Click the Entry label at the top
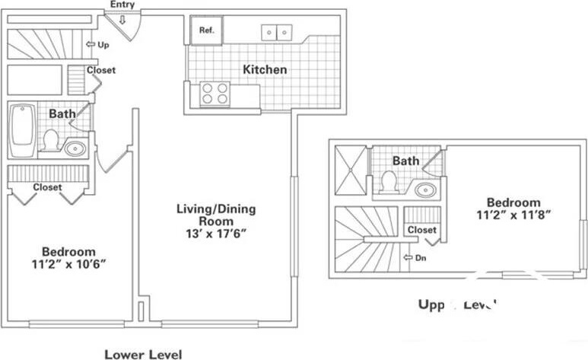pos(122,5)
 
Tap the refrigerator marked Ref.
pos(207,30)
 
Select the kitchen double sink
pos(277,32)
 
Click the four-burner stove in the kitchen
pos(215,94)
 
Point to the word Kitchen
pos(265,70)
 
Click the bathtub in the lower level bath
pos(21,129)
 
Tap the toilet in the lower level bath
pos(51,140)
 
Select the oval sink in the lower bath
pos(75,148)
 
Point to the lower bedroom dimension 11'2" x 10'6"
pos(68,265)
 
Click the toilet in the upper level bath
pos(389,182)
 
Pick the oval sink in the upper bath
pos(424,190)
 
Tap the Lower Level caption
pos(143,353)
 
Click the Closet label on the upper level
pos(422,230)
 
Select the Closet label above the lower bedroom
pos(47,187)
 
